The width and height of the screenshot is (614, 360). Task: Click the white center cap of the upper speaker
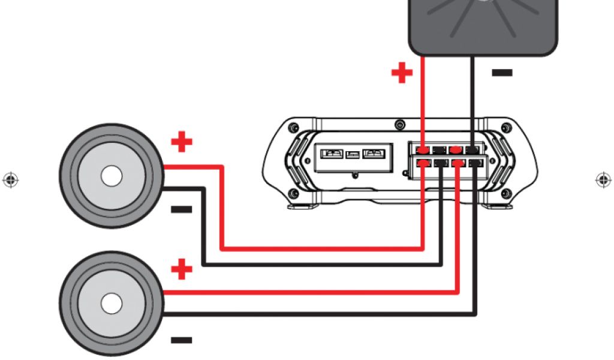pos(112,176)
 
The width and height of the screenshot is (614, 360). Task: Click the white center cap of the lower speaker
pos(112,303)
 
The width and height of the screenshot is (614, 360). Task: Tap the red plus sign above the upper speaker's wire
pos(182,143)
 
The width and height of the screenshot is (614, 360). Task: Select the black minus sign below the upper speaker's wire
pos(181,209)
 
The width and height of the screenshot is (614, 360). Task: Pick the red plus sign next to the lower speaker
pos(182,269)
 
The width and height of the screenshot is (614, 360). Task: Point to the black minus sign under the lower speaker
pos(181,340)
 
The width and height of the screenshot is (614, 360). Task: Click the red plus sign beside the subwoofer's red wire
pos(402,74)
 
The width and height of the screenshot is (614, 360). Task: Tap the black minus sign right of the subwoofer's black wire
pos(502,73)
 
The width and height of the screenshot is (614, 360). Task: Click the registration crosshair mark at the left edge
pos(10,179)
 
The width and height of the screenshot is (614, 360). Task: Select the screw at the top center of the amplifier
pos(400,125)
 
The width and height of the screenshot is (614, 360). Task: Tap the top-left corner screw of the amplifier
pos(293,128)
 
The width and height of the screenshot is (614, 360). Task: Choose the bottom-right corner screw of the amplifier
pos(507,193)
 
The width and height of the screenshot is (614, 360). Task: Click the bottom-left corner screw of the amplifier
pos(293,193)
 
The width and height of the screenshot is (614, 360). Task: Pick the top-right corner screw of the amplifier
pos(507,128)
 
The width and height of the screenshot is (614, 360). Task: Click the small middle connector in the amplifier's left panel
pos(354,154)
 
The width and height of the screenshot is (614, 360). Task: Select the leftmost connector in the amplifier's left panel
pos(332,154)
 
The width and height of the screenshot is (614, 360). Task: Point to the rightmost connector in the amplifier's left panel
pos(375,154)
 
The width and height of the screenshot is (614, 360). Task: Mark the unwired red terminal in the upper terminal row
pos(456,149)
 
